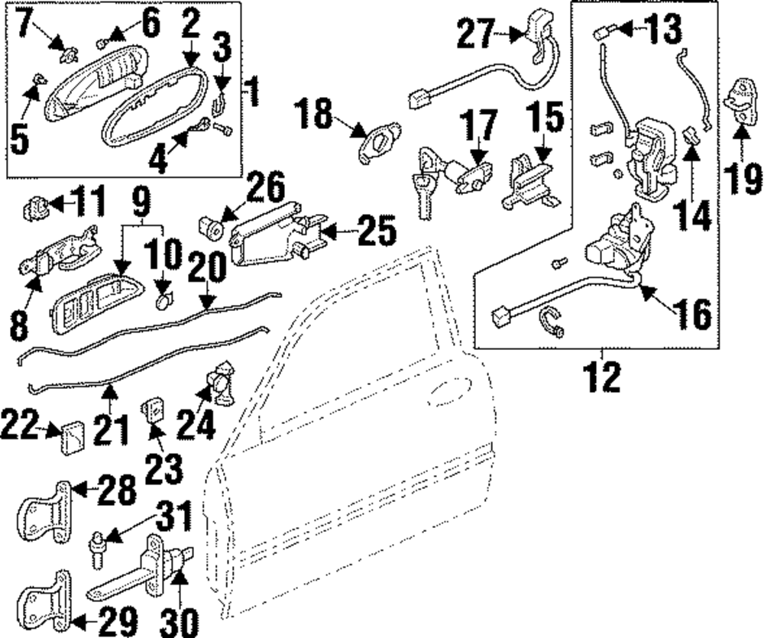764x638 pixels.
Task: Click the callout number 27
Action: [477, 34]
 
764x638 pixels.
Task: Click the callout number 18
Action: [316, 117]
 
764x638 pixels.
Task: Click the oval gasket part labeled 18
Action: [377, 143]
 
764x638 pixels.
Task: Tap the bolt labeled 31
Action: [99, 551]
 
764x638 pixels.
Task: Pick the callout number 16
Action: [689, 313]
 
